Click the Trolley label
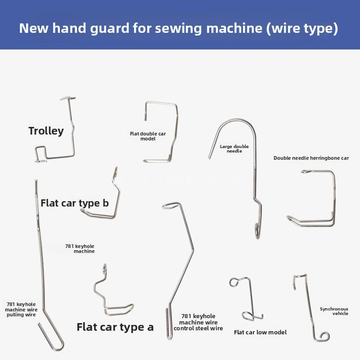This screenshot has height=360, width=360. click(46, 131)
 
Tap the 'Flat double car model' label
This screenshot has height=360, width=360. click(148, 136)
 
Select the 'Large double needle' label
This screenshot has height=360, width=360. click(234, 149)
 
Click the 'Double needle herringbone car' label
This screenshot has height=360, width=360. click(311, 158)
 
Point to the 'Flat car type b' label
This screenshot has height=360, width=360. click(75, 203)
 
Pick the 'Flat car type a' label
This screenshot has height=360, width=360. click(115, 327)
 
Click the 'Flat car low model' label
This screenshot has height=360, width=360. click(260, 332)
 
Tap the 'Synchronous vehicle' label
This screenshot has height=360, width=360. click(334, 311)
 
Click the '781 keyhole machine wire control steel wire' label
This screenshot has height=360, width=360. click(198, 322)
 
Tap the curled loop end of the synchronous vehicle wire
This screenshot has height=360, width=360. click(324, 337)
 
